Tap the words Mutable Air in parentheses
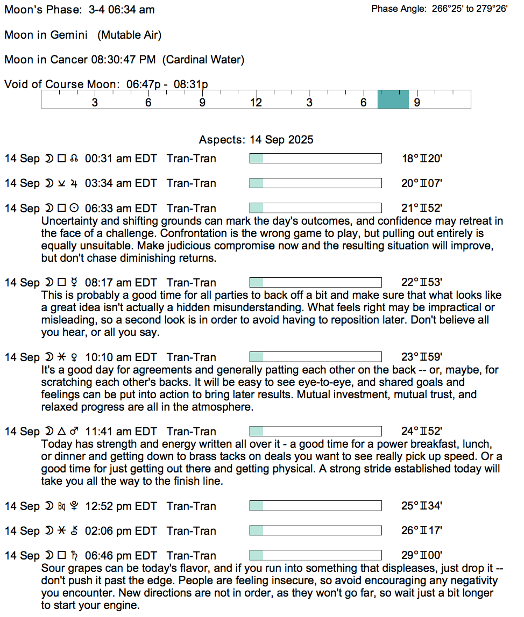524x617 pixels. (x=130, y=35)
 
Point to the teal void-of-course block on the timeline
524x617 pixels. (x=393, y=99)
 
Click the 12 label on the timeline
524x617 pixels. (x=256, y=103)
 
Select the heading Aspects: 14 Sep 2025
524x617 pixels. (x=256, y=140)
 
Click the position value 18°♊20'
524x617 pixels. (x=422, y=159)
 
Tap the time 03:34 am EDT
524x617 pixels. (x=121, y=183)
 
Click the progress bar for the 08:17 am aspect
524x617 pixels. (x=315, y=282)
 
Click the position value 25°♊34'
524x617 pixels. (x=422, y=506)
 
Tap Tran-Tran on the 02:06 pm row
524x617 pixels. (x=191, y=531)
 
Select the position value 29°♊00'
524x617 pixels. (x=422, y=556)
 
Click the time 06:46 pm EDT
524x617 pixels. (x=121, y=556)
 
